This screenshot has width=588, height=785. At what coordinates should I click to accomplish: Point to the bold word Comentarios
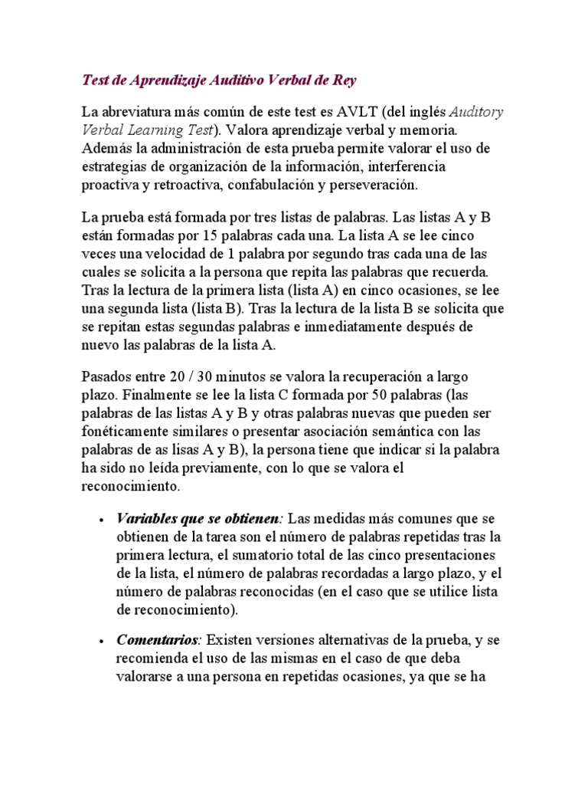157,639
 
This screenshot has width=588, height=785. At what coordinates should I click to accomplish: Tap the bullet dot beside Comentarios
101,640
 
